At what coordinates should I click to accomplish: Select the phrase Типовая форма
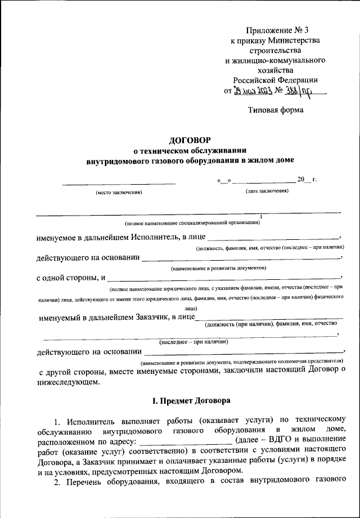click(x=276, y=110)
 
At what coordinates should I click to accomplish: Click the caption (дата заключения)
click(x=267, y=192)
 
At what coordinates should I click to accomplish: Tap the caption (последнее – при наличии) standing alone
click(x=193, y=342)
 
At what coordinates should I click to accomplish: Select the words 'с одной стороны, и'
click(x=71, y=278)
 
